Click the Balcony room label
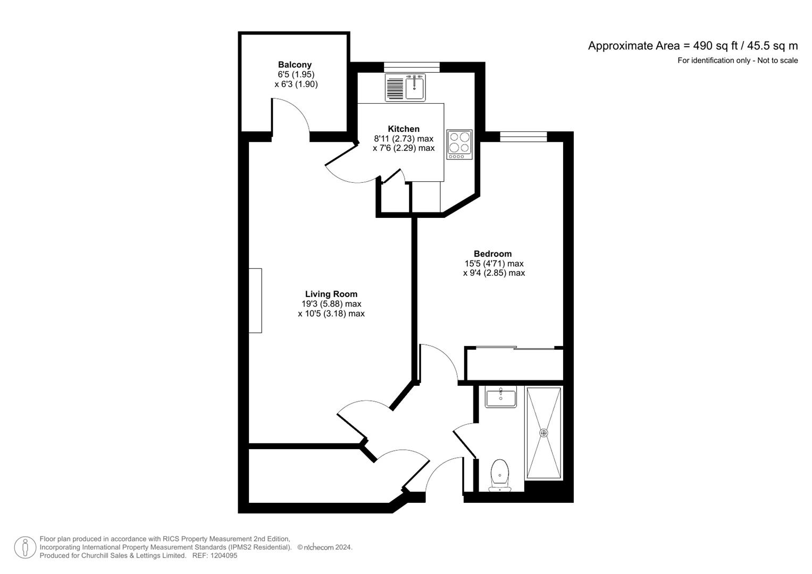[295, 65]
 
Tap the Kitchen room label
[404, 129]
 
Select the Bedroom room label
[492, 254]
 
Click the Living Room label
[331, 294]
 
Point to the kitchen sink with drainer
[405, 87]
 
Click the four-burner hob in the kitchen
[459, 144]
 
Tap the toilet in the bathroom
[499, 475]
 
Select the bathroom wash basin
[500, 398]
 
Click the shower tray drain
[543, 433]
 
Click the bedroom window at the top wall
[523, 137]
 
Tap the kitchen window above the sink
[412, 67]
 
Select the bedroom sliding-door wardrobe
[514, 365]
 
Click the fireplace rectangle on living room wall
[255, 301]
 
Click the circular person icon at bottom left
[25, 547]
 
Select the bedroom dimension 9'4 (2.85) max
[494, 273]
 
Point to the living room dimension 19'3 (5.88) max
[331, 304]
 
